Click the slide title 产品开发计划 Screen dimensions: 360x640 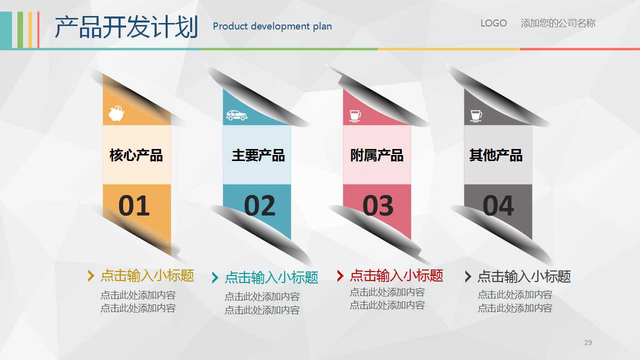[x=126, y=27]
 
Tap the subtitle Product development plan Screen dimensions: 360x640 [x=272, y=26]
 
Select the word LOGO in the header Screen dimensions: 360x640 [x=493, y=23]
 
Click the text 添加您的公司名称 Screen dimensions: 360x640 [x=558, y=23]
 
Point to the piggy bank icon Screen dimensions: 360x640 [x=117, y=114]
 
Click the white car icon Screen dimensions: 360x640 [x=237, y=115]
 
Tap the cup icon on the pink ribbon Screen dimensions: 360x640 [x=355, y=115]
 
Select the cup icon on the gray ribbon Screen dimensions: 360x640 [x=476, y=115]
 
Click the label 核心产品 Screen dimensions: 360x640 [x=136, y=155]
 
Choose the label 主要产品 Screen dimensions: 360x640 [x=258, y=155]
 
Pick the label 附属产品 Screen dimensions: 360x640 [x=376, y=155]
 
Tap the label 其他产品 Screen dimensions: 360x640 [x=495, y=155]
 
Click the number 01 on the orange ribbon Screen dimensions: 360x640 [x=134, y=206]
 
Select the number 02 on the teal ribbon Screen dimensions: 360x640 [x=260, y=206]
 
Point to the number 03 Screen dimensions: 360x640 [x=378, y=206]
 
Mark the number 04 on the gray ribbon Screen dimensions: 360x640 [x=498, y=205]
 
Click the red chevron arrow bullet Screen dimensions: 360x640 [x=340, y=275]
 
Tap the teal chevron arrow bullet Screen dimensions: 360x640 [x=215, y=277]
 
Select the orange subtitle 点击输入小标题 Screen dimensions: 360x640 [x=147, y=275]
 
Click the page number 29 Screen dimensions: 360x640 [x=588, y=342]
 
